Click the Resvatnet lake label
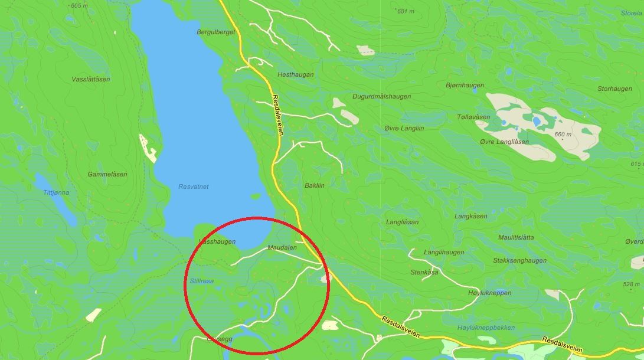[x=194, y=186]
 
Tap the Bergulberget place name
[x=216, y=32]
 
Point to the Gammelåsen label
[x=107, y=175]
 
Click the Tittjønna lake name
[x=56, y=192]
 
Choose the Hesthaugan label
[x=295, y=75]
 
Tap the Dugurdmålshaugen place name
[x=381, y=96]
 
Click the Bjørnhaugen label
[x=465, y=86]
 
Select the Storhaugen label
[x=614, y=89]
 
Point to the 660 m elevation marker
[x=563, y=135]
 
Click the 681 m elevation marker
[x=406, y=11]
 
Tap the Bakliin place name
[x=315, y=185]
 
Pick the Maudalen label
[x=282, y=247]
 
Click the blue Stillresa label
[x=201, y=281]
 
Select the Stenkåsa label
[x=424, y=273]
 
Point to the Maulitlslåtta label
[x=516, y=237]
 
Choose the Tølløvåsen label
[x=473, y=117]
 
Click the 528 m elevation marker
[x=632, y=284]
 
